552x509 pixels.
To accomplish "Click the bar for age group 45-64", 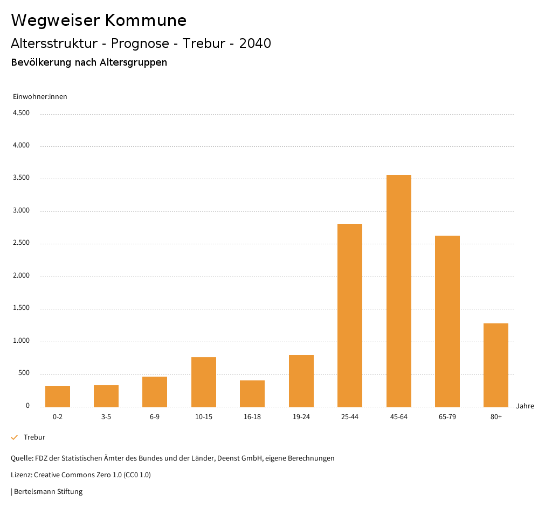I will click(398, 291).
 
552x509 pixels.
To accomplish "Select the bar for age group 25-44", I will click(350, 315).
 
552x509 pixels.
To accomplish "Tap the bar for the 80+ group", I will click(496, 365).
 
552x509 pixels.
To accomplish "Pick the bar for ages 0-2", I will click(58, 396).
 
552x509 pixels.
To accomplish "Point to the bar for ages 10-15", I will click(204, 382).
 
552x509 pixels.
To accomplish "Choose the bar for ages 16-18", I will click(252, 393).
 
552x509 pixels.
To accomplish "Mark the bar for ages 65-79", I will click(447, 321).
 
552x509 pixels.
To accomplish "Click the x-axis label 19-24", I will click(301, 417).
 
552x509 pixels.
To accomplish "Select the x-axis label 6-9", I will click(155, 417).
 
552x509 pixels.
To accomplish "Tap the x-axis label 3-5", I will click(106, 417).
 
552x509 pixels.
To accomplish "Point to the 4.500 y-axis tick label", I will click(21, 113).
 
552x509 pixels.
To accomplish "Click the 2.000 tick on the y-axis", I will click(21, 276).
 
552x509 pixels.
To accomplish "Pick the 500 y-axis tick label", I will click(24, 373).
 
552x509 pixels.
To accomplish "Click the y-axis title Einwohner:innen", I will click(40, 97).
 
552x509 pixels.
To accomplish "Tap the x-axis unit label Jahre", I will click(525, 406).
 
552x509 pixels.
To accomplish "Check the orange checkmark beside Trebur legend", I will click(15, 437).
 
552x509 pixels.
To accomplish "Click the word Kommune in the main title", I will click(146, 20).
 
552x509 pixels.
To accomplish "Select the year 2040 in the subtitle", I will click(255, 44).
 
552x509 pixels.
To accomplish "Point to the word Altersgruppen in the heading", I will click(133, 62).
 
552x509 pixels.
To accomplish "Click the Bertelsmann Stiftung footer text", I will click(48, 491).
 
